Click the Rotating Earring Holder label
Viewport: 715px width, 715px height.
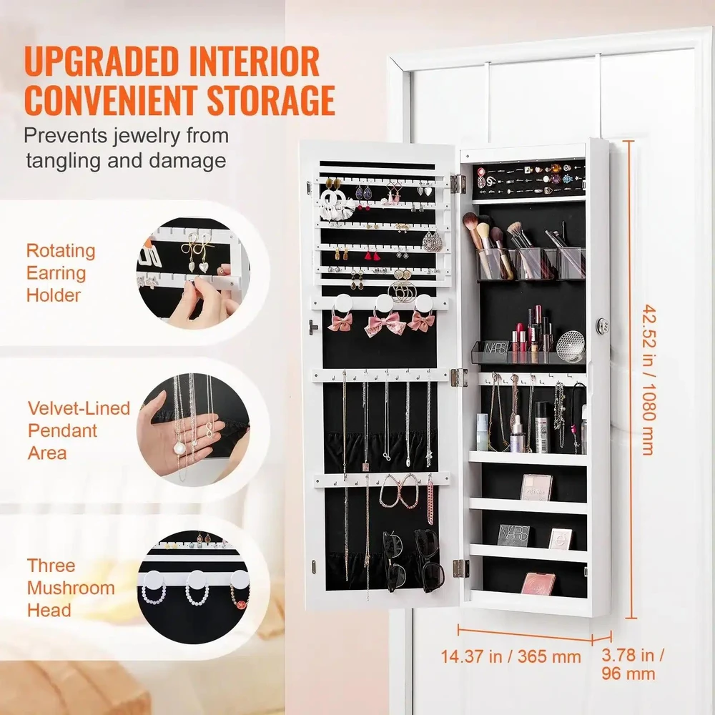(61, 272)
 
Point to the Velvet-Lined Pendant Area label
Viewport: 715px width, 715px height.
(79, 430)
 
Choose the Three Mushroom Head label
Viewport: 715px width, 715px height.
(71, 587)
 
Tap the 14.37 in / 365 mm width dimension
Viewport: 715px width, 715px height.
(511, 656)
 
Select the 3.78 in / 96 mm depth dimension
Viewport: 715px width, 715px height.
(632, 664)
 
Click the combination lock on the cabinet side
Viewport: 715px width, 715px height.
(603, 325)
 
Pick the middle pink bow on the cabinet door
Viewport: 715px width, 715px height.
(385, 324)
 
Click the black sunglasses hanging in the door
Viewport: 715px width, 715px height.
(413, 561)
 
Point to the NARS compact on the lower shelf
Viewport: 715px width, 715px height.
(514, 535)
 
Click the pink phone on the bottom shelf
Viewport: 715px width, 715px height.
(538, 583)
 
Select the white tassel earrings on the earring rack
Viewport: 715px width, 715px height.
(336, 204)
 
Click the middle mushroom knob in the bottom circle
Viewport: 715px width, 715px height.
(197, 580)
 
